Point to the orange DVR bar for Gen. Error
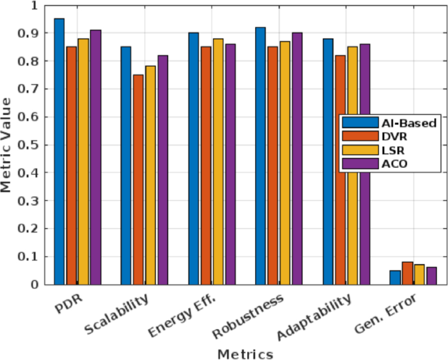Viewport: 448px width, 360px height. point(407,273)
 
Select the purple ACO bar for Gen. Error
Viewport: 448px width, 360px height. point(431,276)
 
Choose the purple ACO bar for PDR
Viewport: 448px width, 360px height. point(95,157)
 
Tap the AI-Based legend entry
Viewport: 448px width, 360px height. point(390,122)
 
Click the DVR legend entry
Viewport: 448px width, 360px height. point(390,136)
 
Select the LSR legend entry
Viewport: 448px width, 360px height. point(390,150)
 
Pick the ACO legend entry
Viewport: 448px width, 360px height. point(390,163)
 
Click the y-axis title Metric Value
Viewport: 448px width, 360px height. point(7,145)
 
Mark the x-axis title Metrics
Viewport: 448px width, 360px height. point(246,353)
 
